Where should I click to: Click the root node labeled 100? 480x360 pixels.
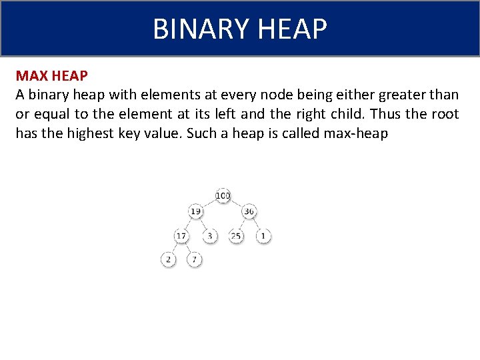[x=223, y=195]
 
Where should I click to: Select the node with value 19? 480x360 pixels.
[x=195, y=212]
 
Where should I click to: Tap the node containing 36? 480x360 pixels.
[x=249, y=212]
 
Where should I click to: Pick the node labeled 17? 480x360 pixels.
[x=181, y=236]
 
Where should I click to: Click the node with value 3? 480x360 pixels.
[x=209, y=236]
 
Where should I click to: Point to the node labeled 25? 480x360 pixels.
[x=236, y=236]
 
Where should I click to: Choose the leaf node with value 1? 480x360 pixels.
[x=263, y=236]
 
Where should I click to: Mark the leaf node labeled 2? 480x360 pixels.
[x=168, y=259]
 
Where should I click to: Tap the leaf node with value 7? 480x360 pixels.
[x=194, y=259]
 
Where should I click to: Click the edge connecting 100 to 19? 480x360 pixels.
[x=209, y=204]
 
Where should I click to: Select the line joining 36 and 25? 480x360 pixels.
[x=243, y=224]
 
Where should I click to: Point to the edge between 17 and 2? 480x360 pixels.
[x=175, y=248]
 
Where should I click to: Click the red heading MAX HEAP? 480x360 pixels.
[x=51, y=76]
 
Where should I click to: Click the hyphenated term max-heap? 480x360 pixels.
[x=355, y=133]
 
